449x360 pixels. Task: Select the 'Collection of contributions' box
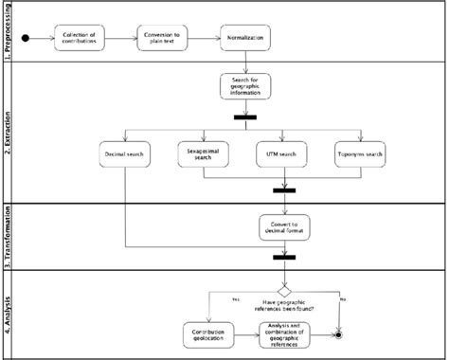coord(81,40)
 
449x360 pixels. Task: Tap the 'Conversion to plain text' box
coord(163,40)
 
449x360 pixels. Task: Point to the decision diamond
coord(282,291)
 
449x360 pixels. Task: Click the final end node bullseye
coord(339,334)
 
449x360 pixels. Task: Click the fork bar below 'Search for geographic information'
coord(246,117)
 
